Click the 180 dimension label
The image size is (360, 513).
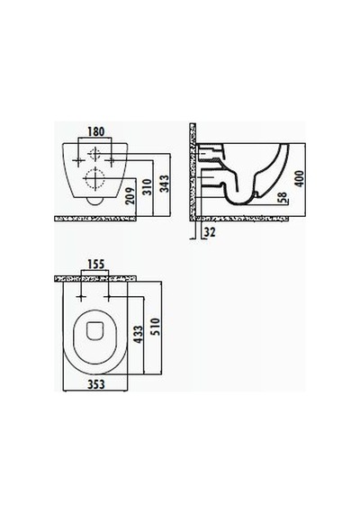tap(95, 131)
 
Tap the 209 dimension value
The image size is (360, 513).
tap(130, 195)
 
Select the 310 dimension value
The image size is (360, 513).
tap(148, 187)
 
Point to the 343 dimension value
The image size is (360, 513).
tap(165, 184)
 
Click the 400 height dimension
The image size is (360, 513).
tap(299, 178)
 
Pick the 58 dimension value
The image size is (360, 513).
tap(283, 198)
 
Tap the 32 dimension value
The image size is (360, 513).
tap(210, 232)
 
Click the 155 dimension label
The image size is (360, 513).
tap(95, 264)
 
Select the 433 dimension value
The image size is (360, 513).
tap(139, 335)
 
